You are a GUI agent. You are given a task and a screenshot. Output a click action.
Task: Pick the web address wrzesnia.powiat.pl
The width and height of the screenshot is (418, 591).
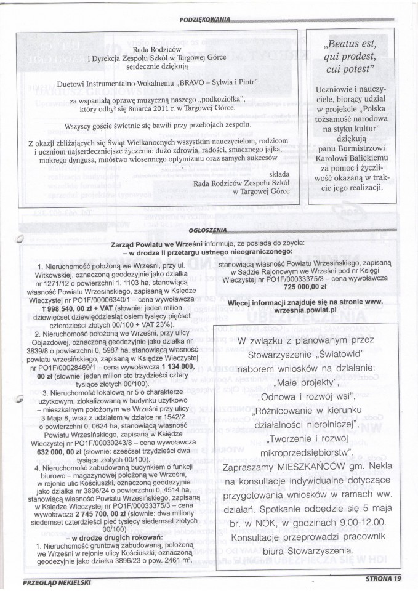point(308,310)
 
